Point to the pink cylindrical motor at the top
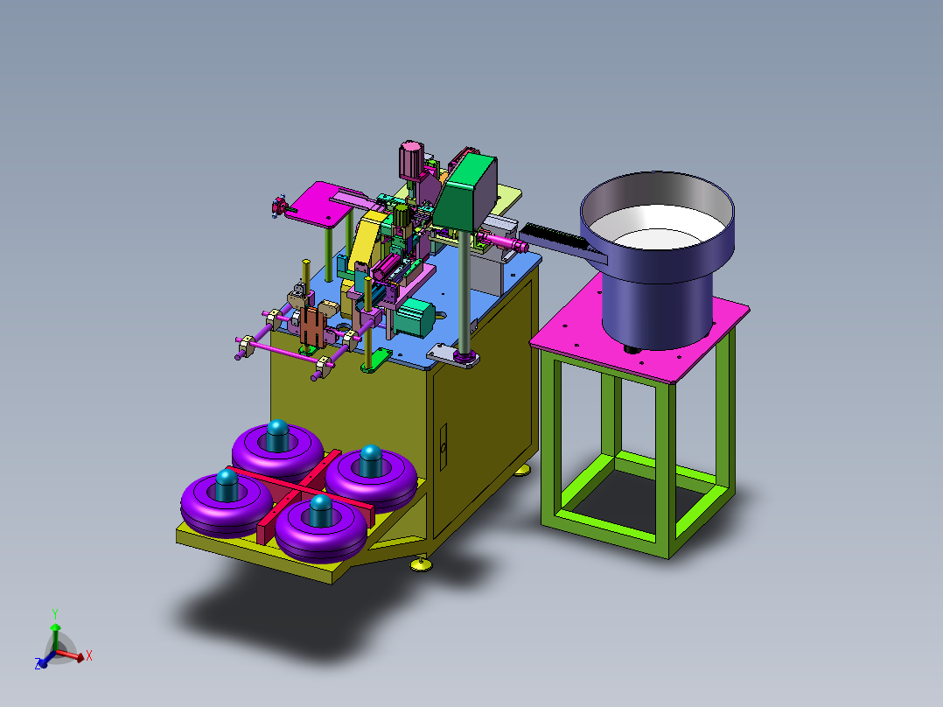point(411,159)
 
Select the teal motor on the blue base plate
point(415,317)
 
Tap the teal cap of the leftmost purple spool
point(227,486)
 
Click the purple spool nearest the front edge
point(320,529)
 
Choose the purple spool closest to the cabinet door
point(371,479)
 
